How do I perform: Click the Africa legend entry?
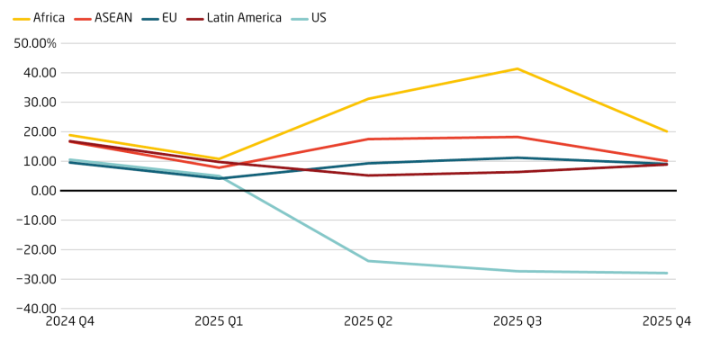(x=40, y=18)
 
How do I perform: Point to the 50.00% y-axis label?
(x=33, y=43)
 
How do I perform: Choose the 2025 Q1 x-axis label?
(x=220, y=321)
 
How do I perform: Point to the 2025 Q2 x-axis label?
(x=369, y=321)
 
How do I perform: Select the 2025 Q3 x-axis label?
(x=517, y=321)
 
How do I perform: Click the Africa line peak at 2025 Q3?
(x=517, y=68)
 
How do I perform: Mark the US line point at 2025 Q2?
(x=368, y=261)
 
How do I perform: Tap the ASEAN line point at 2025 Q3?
(x=517, y=137)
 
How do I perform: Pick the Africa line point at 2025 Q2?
(x=368, y=99)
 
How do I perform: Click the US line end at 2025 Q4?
(x=667, y=274)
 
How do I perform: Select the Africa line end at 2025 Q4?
(x=667, y=131)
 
